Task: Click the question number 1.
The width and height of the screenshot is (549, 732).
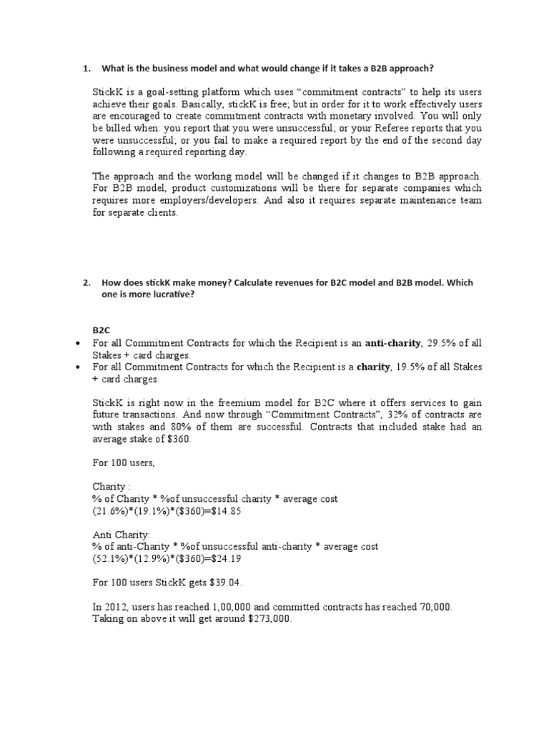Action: click(86, 69)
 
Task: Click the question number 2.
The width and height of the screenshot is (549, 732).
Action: click(86, 282)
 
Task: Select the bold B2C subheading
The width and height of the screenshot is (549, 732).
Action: click(101, 330)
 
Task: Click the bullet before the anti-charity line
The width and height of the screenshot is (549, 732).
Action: click(76, 344)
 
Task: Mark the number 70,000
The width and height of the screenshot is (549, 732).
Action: click(431, 607)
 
